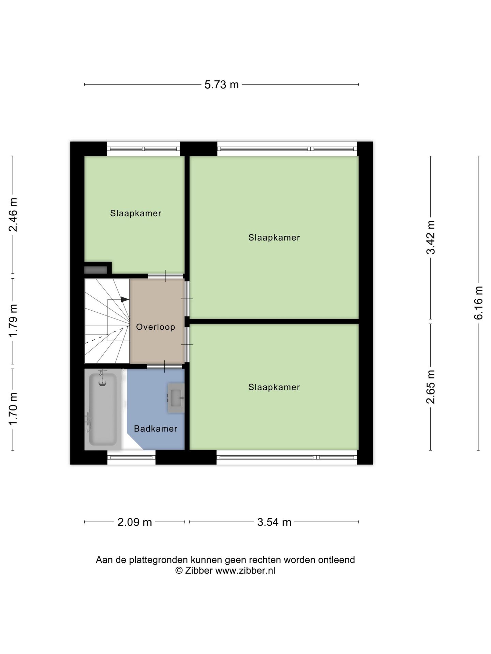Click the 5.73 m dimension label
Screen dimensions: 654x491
[x=221, y=84]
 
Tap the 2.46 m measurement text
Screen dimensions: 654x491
[x=13, y=215]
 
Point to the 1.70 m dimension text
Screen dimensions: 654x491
[x=13, y=409]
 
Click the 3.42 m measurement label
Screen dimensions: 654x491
[x=431, y=237]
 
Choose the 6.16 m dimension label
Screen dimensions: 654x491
[x=478, y=302]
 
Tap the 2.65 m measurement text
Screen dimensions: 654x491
[x=431, y=387]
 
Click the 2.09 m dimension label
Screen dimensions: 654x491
[x=134, y=522]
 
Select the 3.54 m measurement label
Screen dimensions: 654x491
[x=274, y=522]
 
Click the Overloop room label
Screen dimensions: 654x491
[x=155, y=327]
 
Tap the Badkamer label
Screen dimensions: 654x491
[x=155, y=429]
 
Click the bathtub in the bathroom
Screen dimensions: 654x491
[x=102, y=409]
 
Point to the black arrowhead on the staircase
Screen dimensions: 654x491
[x=125, y=299]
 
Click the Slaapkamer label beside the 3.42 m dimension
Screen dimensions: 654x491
[x=274, y=237]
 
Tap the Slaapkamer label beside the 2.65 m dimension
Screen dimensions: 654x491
[x=274, y=387]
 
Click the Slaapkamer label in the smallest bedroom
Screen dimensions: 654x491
[x=135, y=213]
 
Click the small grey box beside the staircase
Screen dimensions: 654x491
[x=96, y=270]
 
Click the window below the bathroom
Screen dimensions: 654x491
[x=131, y=457]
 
